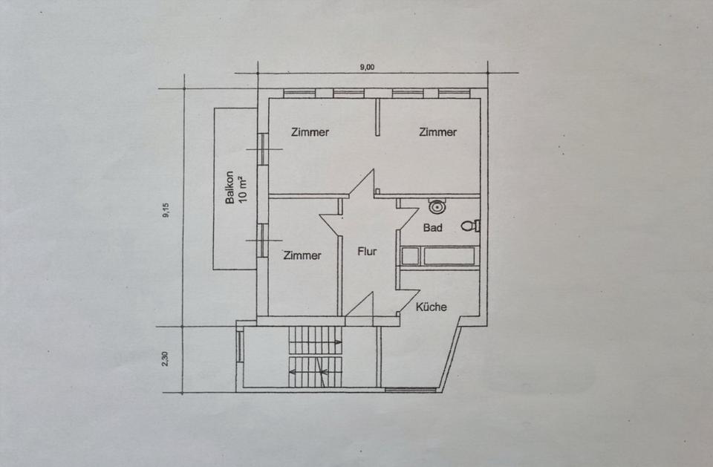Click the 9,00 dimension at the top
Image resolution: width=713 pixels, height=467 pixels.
(x=367, y=67)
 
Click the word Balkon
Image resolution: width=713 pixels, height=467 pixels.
(x=231, y=188)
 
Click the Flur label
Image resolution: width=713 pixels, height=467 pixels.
(x=367, y=252)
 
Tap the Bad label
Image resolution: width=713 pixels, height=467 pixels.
(x=433, y=228)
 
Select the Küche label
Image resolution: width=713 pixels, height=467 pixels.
(x=432, y=307)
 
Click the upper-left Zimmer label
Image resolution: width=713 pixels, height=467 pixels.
(x=310, y=132)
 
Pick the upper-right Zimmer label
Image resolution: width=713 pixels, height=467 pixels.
(x=437, y=132)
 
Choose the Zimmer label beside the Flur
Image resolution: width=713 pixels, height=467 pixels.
(x=302, y=255)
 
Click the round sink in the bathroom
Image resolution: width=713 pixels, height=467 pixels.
(x=437, y=207)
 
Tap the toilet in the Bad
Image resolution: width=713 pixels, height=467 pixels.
(x=469, y=225)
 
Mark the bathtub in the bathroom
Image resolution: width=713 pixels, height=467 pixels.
(x=438, y=257)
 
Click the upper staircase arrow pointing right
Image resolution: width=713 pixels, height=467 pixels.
(x=316, y=342)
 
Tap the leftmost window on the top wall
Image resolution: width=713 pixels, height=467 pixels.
(x=299, y=94)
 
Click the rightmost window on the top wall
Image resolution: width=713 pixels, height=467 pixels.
(x=454, y=94)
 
